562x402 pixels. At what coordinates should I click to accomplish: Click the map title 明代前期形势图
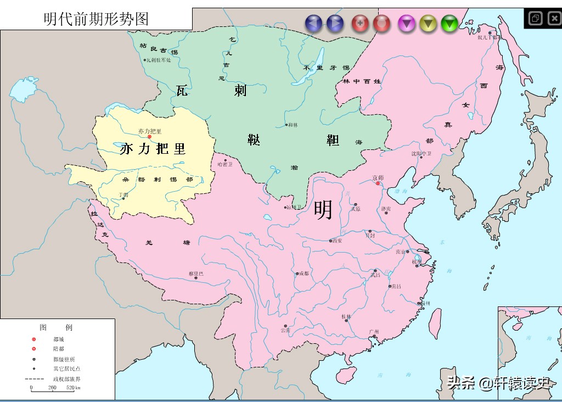[97, 19]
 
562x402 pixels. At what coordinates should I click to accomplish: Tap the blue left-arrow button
[314, 23]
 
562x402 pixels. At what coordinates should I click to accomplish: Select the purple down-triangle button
[407, 23]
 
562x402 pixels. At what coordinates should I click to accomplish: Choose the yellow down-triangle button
[428, 23]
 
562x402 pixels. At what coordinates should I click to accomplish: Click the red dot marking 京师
[378, 184]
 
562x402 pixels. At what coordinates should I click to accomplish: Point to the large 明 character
[323, 210]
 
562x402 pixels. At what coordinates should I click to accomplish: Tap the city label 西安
[336, 241]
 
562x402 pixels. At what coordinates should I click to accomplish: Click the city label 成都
[304, 273]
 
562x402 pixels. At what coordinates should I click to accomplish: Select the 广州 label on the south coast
[374, 332]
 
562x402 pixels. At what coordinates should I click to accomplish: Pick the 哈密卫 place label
[224, 164]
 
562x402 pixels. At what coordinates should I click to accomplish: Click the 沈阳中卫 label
[421, 154]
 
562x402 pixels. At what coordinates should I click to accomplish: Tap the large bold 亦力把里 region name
[153, 148]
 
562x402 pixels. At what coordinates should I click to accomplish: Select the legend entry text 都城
[58, 339]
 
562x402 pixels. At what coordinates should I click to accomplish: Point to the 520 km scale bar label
[72, 388]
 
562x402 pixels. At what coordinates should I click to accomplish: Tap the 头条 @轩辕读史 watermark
[498, 383]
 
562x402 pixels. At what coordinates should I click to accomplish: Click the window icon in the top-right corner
[535, 19]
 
